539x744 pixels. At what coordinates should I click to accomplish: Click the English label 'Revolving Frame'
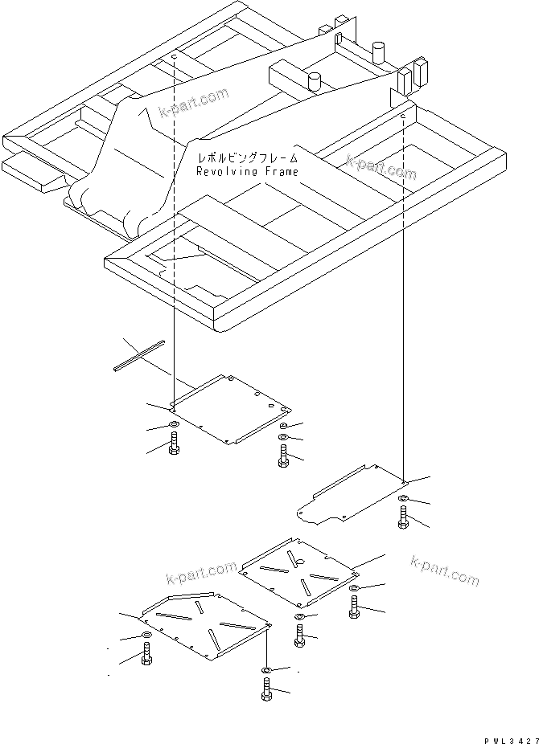(x=247, y=172)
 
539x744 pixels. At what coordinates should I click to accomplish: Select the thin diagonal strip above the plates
(x=138, y=354)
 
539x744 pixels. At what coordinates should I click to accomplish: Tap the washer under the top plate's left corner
(x=174, y=425)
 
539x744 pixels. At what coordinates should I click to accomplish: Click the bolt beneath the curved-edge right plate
(x=403, y=519)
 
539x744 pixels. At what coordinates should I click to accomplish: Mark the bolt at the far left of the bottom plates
(x=146, y=656)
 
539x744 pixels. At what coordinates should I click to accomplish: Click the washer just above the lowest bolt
(x=266, y=669)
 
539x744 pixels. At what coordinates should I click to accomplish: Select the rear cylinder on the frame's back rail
(x=376, y=54)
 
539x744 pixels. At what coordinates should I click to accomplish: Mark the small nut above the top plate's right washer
(x=284, y=426)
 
